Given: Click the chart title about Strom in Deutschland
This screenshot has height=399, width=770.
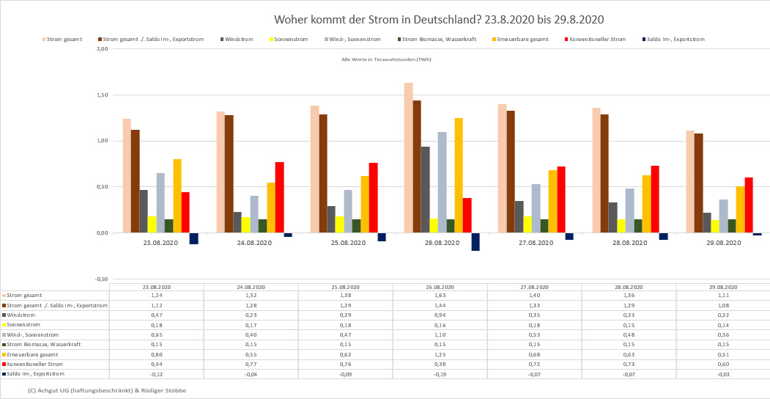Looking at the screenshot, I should (439, 18).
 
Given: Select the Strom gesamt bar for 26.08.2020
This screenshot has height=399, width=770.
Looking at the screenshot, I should (408, 158).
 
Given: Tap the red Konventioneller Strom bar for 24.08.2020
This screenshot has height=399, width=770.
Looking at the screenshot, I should (279, 197).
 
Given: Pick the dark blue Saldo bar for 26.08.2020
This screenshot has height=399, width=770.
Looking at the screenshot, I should (475, 242).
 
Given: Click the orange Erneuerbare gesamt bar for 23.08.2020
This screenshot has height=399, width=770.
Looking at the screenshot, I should (177, 196).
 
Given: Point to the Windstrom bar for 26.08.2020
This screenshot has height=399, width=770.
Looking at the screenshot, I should (425, 189).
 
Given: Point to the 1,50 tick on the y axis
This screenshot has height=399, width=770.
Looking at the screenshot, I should (102, 95).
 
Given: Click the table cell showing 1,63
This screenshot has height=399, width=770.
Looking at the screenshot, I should (440, 295).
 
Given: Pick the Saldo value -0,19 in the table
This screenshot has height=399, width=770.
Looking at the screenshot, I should (440, 374).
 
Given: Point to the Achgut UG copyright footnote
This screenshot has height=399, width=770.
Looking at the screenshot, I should (106, 390).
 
